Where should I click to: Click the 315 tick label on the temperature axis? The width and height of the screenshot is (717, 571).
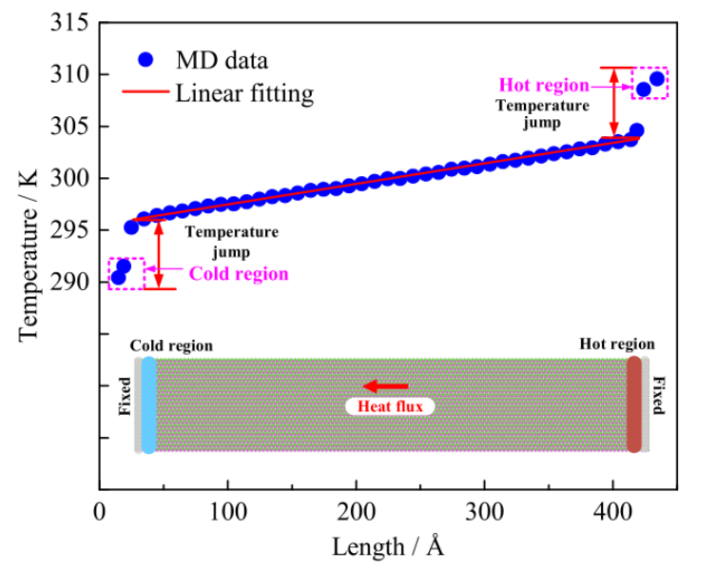coord(68,22)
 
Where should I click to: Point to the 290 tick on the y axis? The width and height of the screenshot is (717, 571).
coord(68,283)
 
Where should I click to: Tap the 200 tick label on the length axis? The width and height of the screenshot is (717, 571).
coord(356,511)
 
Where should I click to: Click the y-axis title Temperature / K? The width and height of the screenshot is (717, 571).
coord(29,255)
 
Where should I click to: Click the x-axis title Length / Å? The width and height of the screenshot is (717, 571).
coord(388,546)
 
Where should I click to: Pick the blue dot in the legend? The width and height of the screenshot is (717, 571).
coord(145,59)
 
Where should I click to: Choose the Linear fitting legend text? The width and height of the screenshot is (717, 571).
coord(243,93)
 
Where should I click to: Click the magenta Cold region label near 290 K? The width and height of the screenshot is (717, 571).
coord(238,273)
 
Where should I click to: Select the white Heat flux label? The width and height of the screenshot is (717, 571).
coord(390,406)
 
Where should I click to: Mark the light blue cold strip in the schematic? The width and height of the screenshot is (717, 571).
coord(148,405)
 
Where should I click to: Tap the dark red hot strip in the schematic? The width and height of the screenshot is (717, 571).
coord(634,405)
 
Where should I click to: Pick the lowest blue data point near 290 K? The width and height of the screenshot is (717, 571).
coord(118,278)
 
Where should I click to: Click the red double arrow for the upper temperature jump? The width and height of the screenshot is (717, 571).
coord(613,101)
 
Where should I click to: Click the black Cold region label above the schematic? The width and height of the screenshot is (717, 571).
coord(171,345)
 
